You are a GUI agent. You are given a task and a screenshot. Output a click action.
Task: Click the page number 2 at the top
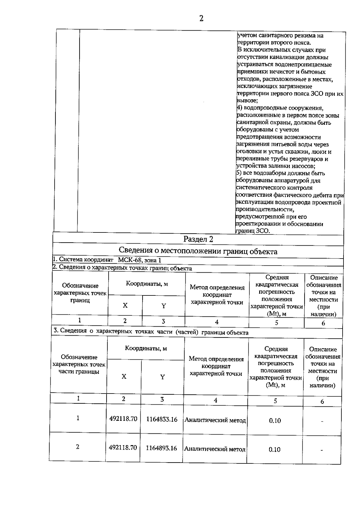coord(201,19)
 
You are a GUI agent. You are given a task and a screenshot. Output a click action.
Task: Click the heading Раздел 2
coord(198,239)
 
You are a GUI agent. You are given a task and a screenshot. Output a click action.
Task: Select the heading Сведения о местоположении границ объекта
coord(198,251)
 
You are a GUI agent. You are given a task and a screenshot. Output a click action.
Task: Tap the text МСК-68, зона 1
coord(139,260)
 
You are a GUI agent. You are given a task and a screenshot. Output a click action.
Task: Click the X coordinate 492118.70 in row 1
coord(123,419)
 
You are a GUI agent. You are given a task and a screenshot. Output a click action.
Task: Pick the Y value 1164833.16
coord(162,419)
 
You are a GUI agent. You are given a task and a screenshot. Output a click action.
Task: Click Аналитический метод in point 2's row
coord(215,449)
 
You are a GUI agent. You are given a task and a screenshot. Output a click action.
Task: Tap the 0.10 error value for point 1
coord(275,421)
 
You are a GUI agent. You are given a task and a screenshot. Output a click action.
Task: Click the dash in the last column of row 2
coord(322,450)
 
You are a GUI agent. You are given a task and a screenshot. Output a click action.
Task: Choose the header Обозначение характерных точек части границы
coord(79,364)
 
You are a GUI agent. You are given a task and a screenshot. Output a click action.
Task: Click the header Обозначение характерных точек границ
coord(80,293)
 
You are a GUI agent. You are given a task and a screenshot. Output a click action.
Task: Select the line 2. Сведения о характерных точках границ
coord(122,268)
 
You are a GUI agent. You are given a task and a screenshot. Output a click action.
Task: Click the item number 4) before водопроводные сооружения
coord(239,108)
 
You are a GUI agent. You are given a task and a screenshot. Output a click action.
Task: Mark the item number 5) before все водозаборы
coord(239,173)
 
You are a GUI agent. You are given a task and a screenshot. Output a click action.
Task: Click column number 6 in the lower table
coord(322,401)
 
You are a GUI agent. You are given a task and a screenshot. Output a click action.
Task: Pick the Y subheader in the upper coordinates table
coord(163,306)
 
